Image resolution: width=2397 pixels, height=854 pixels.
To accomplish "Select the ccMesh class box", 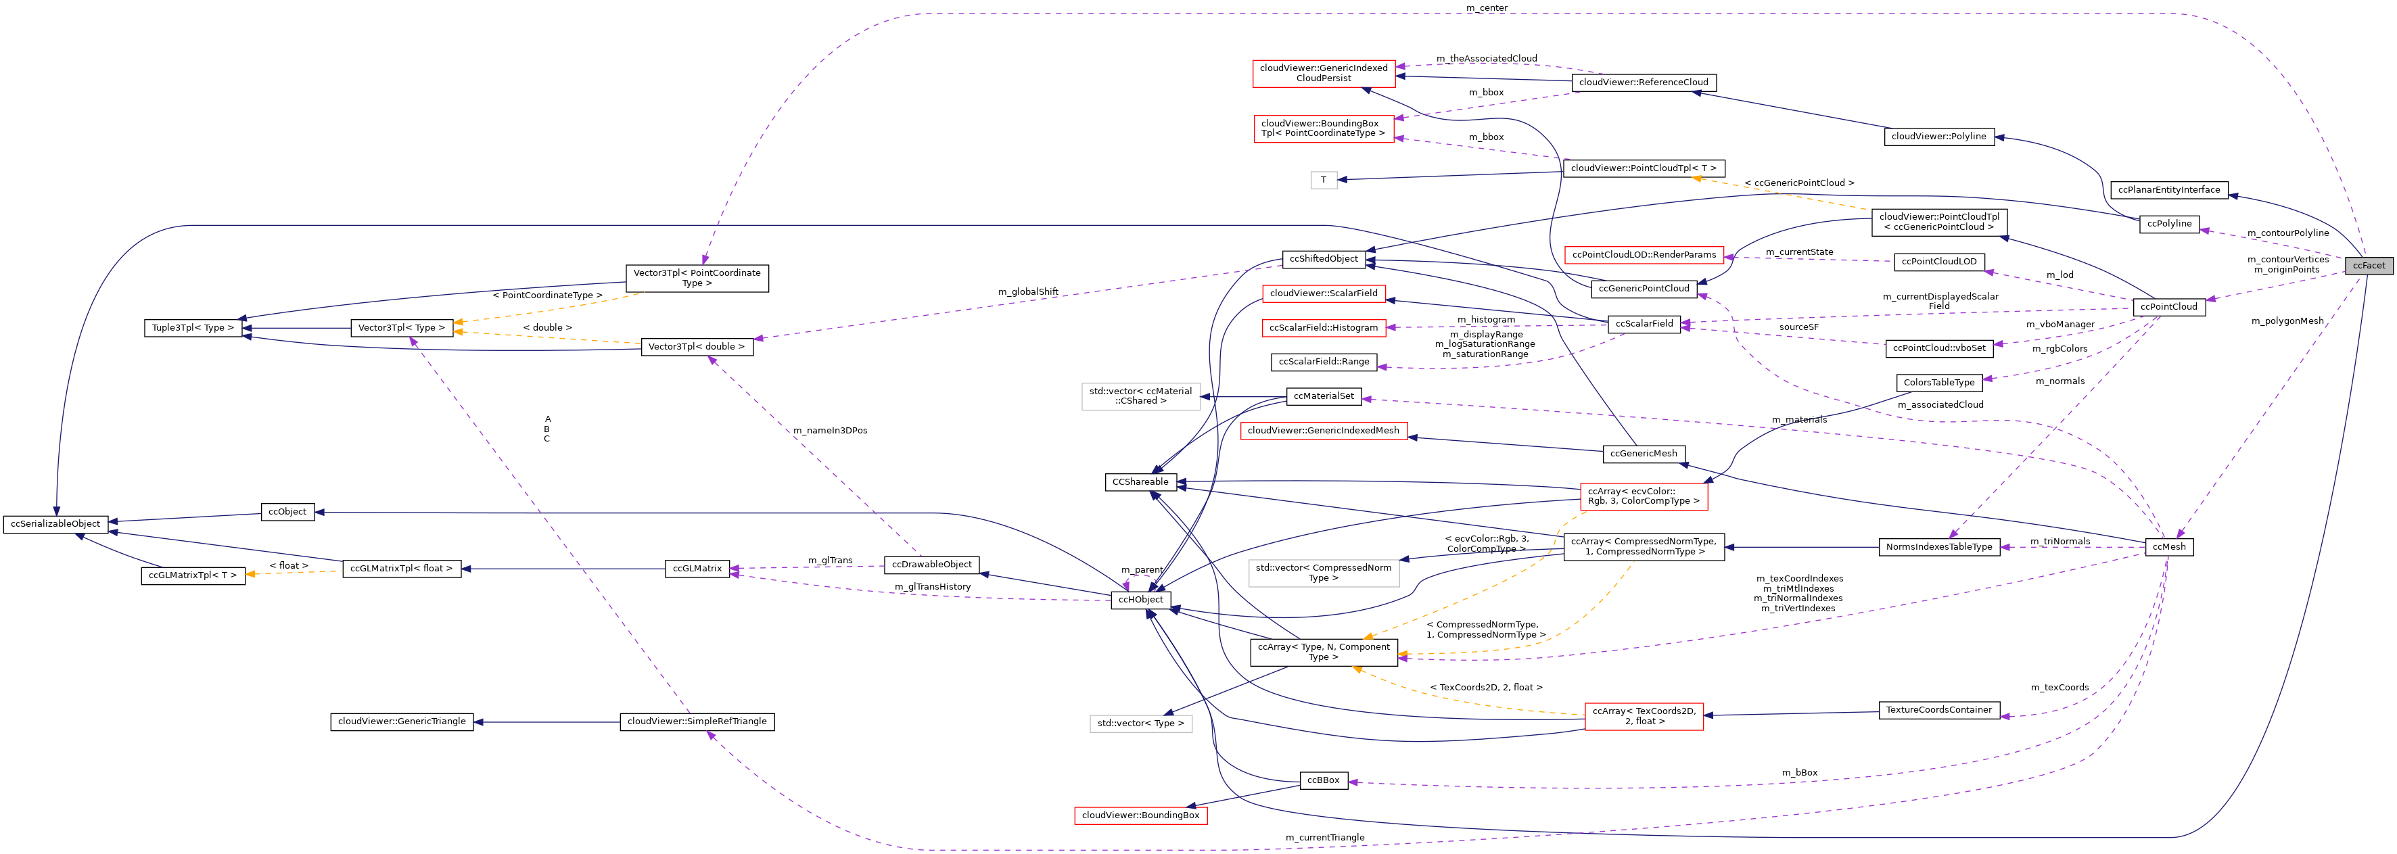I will pyautogui.click(x=2168, y=547).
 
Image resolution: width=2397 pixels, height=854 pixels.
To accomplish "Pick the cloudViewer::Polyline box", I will pyautogui.click(x=1938, y=137).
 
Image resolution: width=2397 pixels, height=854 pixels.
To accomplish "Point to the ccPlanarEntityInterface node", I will pyautogui.click(x=2168, y=190).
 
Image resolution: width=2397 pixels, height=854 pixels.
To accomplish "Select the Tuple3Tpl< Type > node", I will pyautogui.click(x=193, y=329).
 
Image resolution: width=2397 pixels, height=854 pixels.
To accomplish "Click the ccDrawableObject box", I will pyautogui.click(x=931, y=565).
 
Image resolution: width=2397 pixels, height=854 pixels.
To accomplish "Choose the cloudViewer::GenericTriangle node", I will pyautogui.click(x=401, y=722).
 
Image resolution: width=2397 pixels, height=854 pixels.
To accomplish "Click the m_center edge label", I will pyautogui.click(x=1486, y=7).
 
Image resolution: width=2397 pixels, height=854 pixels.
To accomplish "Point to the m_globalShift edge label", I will pyautogui.click(x=1027, y=292).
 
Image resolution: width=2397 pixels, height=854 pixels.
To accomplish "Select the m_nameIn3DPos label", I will pyautogui.click(x=829, y=431).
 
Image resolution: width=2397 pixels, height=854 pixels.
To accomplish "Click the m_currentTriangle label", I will pyautogui.click(x=1324, y=837).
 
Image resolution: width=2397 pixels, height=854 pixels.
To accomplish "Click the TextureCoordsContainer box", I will pyautogui.click(x=1938, y=710).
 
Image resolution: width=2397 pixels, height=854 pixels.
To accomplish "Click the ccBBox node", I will pyautogui.click(x=1322, y=780).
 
